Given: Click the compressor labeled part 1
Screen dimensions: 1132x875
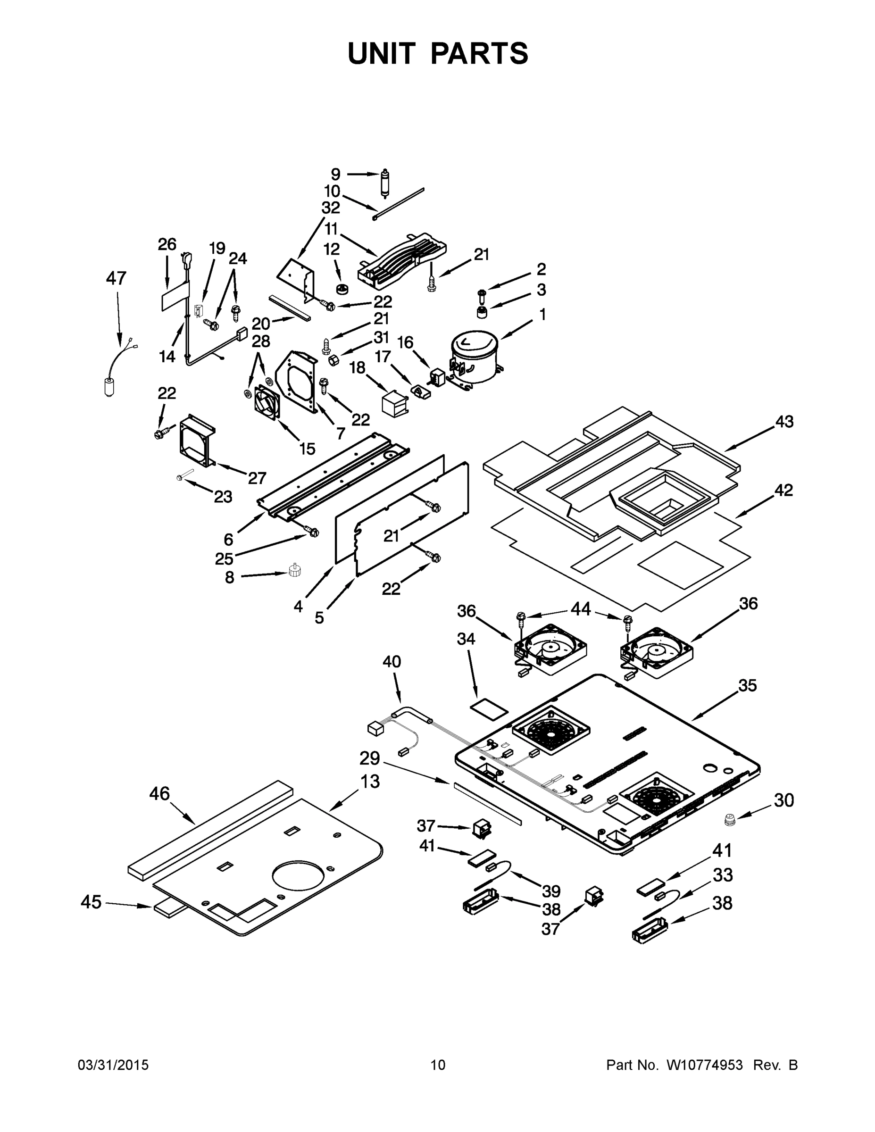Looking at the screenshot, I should coord(473,358).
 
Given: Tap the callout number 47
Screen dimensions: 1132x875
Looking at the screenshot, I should coord(116,278).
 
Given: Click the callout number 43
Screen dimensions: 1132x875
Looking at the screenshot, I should coord(784,422).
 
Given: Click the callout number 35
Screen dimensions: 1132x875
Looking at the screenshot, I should coord(748,686).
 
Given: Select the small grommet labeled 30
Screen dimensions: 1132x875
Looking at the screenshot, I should coord(730,820).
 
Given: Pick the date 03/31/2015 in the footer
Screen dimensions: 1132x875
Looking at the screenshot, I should coord(113,1065).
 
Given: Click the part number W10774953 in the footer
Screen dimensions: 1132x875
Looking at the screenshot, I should coord(704,1065).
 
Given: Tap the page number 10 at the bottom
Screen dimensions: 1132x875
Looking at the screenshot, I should coord(438,1065).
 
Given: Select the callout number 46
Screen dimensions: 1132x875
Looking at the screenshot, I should coord(159,793).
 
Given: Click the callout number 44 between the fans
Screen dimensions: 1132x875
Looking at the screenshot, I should coord(580,609).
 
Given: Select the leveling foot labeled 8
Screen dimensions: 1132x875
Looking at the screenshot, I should coord(295,571).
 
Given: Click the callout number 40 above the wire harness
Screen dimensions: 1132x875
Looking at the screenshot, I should coord(392,662).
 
